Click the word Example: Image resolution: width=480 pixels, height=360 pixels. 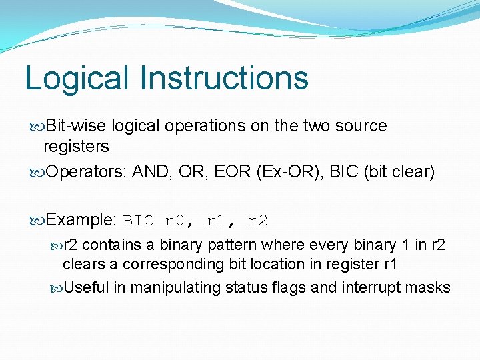(x=82, y=220)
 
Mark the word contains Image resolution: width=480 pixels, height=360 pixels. (x=110, y=245)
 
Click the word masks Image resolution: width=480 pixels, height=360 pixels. (x=429, y=287)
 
